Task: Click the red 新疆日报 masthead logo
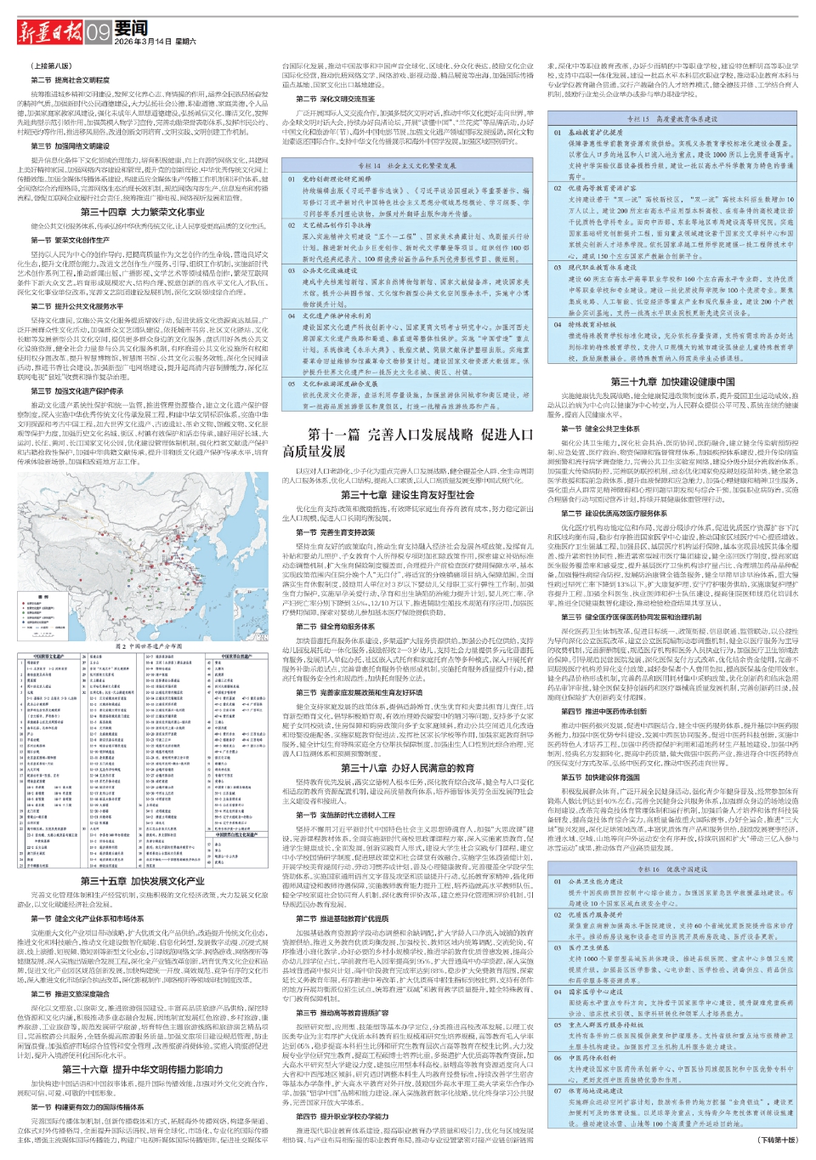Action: (50, 32)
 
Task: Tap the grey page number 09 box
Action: (98, 32)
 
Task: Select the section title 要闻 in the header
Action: (131, 27)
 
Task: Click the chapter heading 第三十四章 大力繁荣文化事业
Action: (143, 212)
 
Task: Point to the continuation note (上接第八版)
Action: (52, 65)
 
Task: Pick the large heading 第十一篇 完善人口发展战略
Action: (408, 441)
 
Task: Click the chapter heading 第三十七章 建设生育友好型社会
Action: (407, 494)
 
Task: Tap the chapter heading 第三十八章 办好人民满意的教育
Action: (407, 768)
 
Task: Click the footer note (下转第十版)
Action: (778, 1140)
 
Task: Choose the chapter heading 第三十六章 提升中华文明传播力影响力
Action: (143, 1069)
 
